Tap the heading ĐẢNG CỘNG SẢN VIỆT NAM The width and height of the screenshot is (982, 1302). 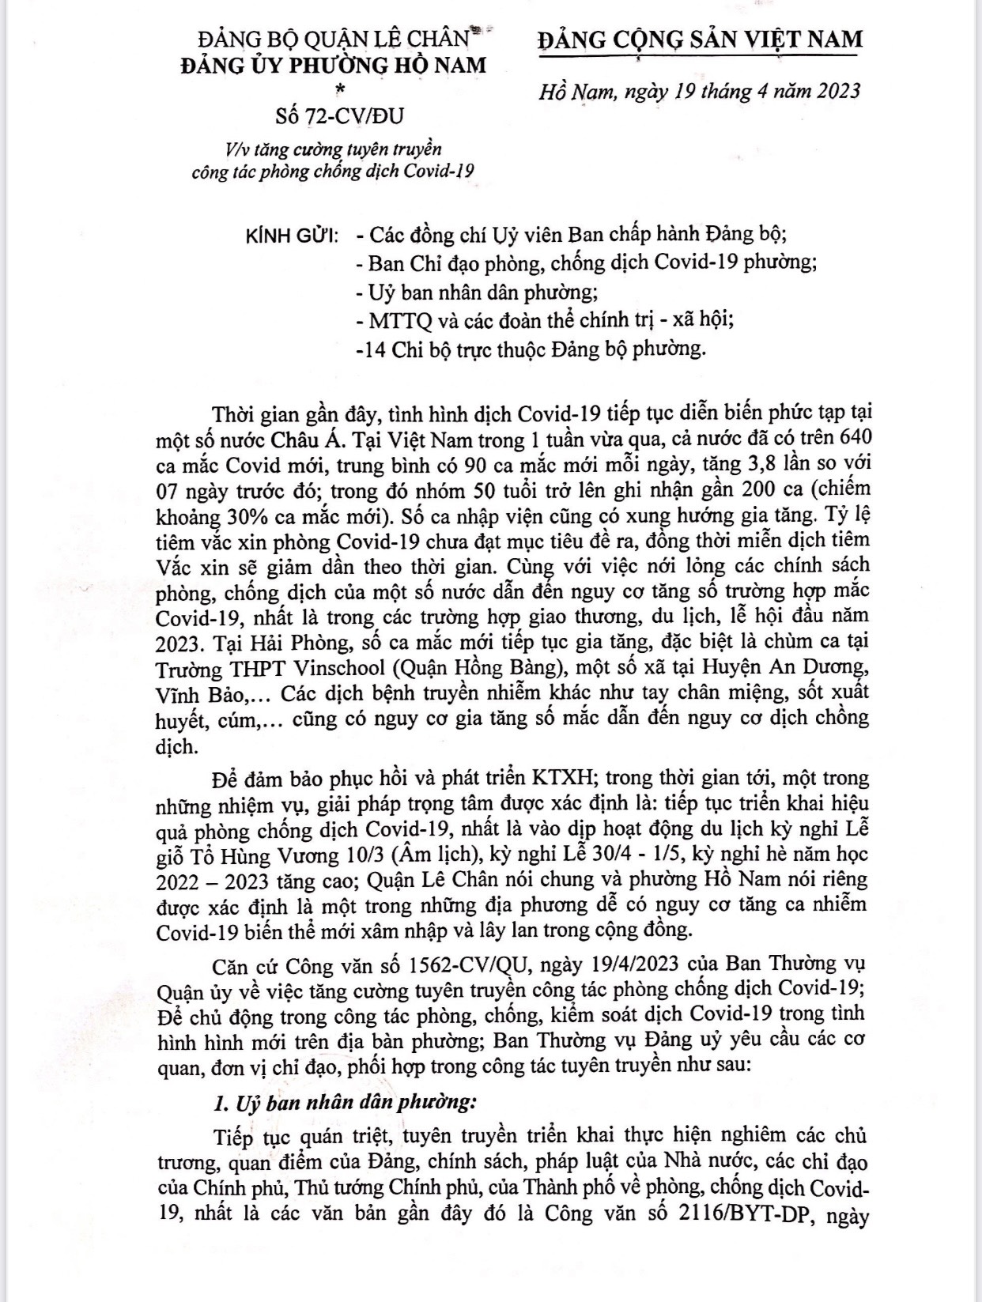pyautogui.click(x=700, y=39)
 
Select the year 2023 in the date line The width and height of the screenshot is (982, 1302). pyautogui.click(x=831, y=91)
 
